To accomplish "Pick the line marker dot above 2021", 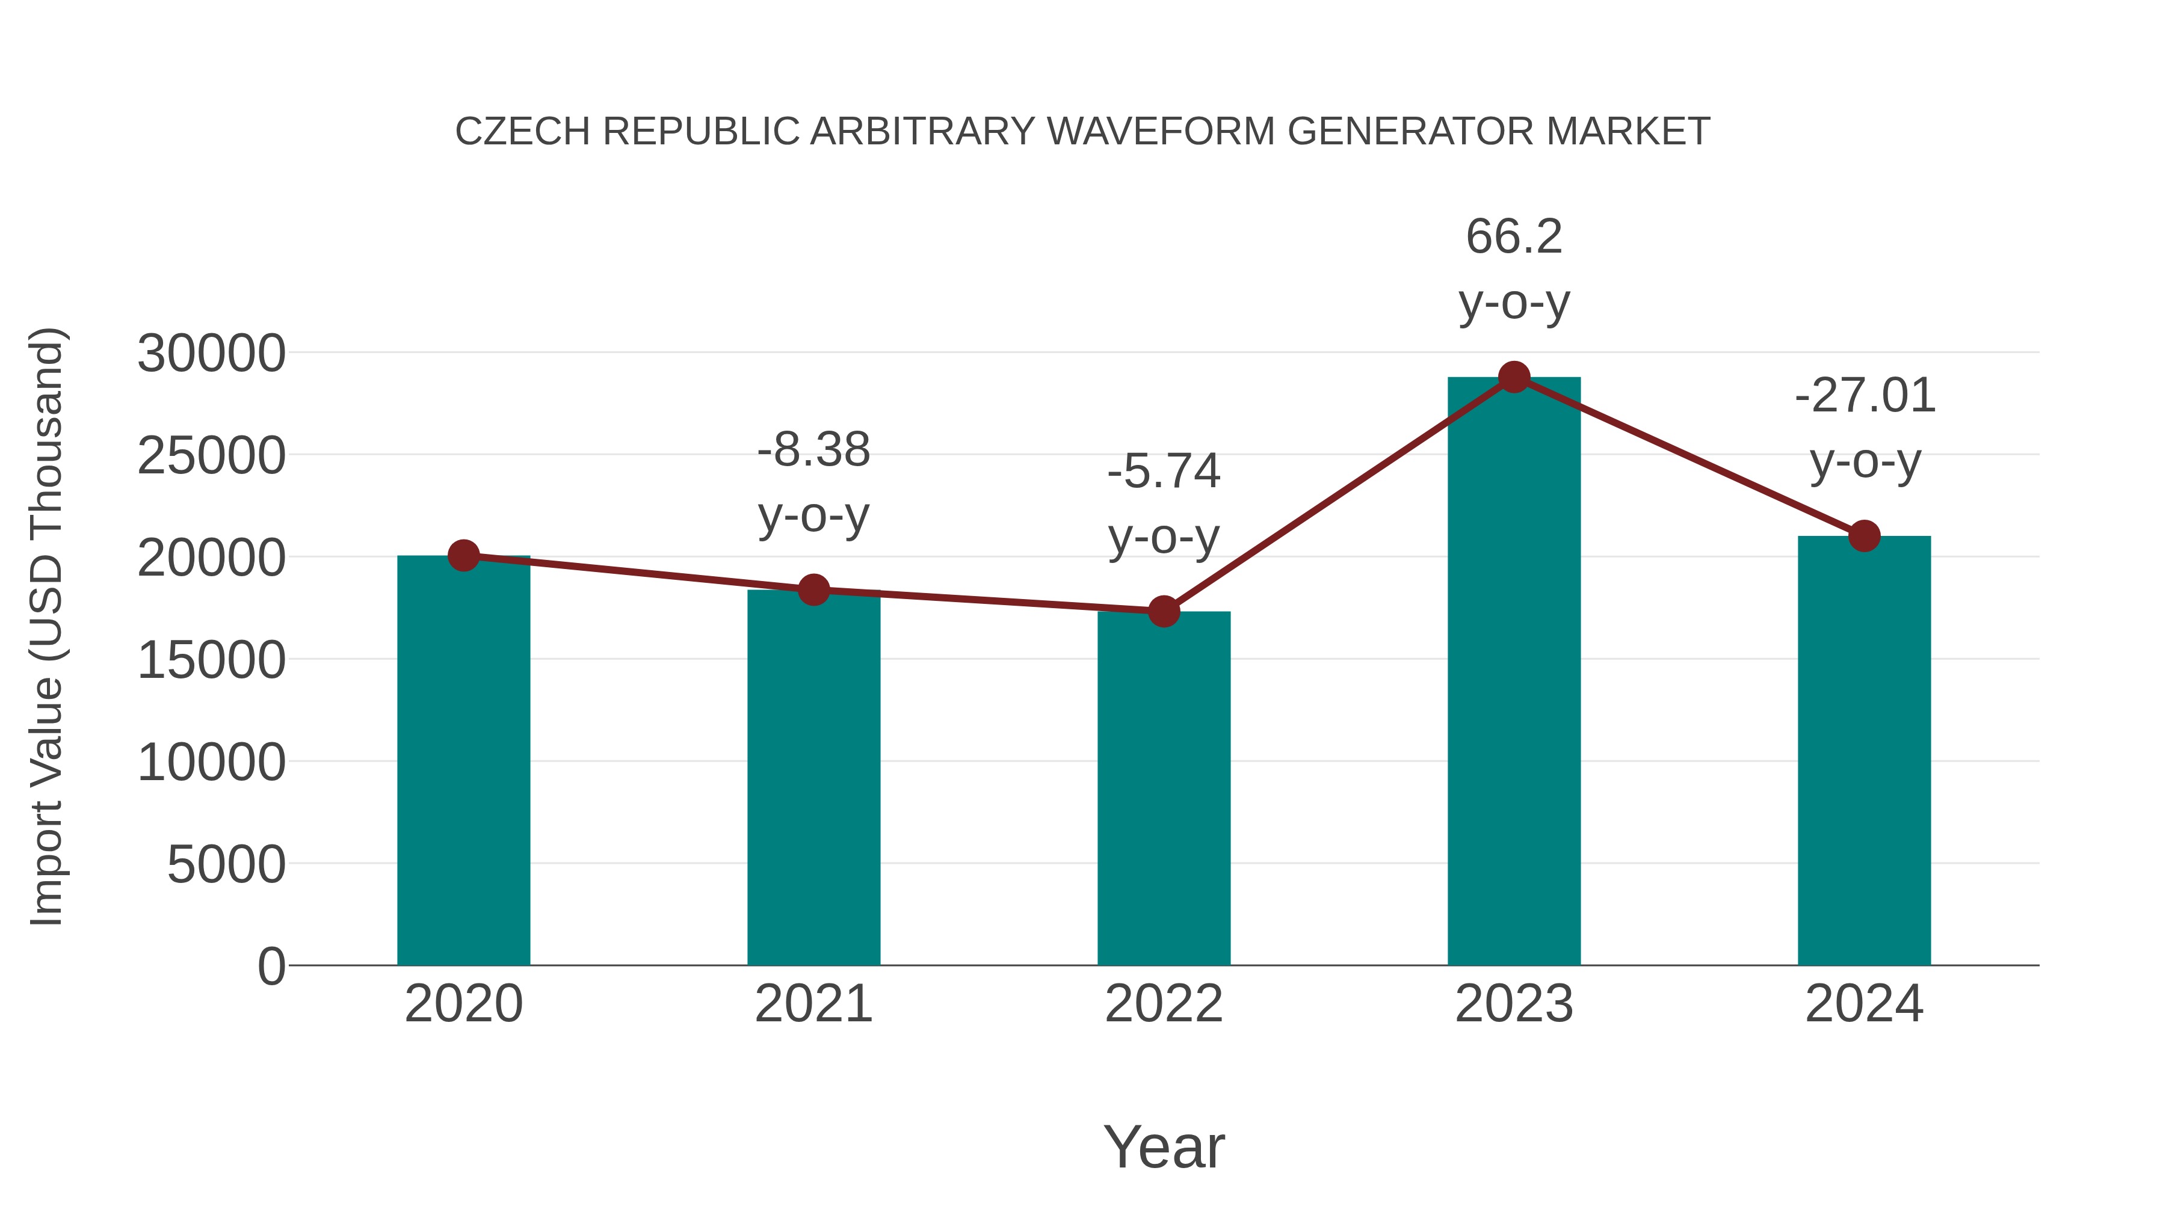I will [813, 590].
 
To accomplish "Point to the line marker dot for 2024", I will [1864, 535].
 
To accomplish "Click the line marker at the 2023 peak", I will [1514, 377].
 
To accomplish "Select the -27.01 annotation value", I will [1864, 395].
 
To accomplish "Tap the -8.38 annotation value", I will [813, 450].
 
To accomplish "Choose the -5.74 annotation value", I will [1164, 471].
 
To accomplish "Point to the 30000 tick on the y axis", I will [211, 353].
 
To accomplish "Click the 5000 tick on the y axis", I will [226, 864].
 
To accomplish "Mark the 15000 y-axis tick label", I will [211, 660].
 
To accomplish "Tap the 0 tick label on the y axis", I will [271, 966].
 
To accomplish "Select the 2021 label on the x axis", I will [813, 1004].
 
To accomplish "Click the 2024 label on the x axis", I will [1864, 1004].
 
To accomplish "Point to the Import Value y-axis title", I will [46, 626].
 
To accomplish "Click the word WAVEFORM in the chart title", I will [1161, 131].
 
